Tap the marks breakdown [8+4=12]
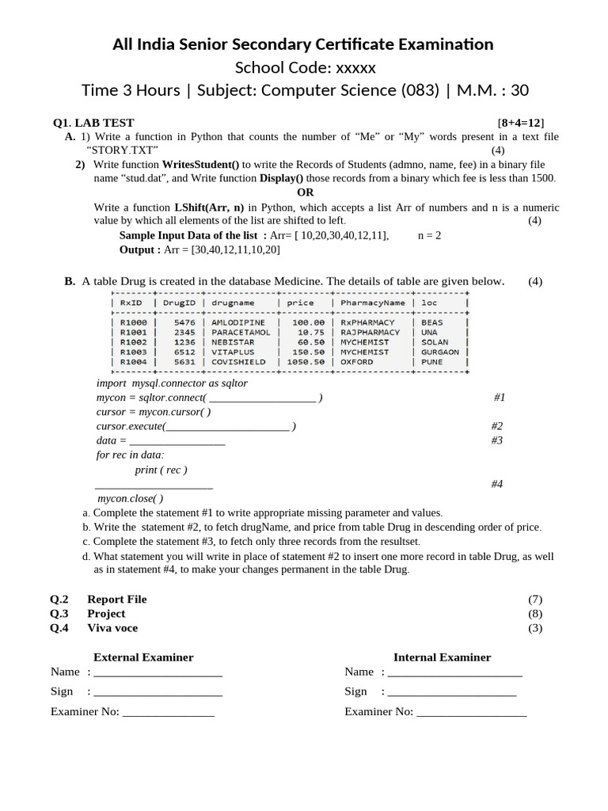point(521,123)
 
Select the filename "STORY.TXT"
point(122,150)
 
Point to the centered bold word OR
point(306,192)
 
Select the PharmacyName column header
point(372,303)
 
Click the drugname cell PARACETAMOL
point(240,333)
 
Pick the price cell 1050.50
point(305,361)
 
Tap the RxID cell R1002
point(133,342)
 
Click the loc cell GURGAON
point(440,352)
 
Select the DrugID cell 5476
point(183,323)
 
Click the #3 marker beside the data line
point(497,440)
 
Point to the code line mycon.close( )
point(130,498)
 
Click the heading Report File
point(116,599)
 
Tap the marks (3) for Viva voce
point(535,628)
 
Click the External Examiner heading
point(143,657)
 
